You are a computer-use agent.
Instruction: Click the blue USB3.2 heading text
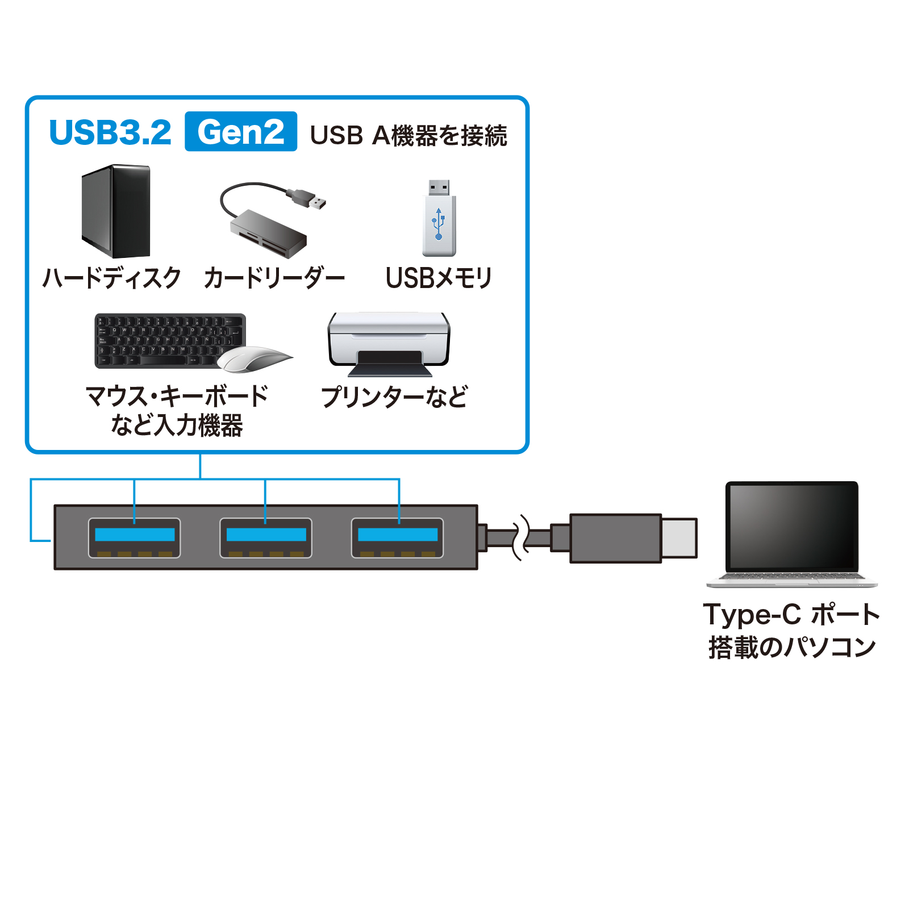110,132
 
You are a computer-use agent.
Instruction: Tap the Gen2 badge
241,132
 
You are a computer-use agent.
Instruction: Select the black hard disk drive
116,211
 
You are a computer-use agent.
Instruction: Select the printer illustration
389,343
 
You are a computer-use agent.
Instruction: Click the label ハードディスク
112,278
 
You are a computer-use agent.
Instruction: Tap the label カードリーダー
274,278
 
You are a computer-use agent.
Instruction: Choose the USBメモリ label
439,278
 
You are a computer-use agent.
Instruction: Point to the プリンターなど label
394,397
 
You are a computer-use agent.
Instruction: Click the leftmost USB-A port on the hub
135,538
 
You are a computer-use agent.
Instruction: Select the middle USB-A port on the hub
266,538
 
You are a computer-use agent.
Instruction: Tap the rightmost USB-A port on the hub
398,538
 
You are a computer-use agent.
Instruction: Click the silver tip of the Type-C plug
679,537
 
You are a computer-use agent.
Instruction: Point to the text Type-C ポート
791,615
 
